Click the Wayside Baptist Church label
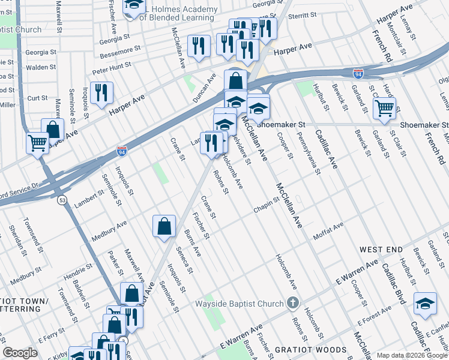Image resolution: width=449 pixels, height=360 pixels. tap(239, 304)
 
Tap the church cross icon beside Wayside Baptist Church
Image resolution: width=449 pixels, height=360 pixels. tap(292, 303)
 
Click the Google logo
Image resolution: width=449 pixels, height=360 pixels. tap(20, 353)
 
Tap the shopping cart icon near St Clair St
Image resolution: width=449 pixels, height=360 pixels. tap(384, 109)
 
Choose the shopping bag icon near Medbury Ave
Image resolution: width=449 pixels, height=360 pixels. tap(164, 227)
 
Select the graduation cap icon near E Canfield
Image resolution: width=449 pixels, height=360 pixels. tap(425, 304)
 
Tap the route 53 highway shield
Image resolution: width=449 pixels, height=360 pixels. tap(62, 200)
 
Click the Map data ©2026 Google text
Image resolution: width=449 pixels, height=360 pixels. tap(412, 355)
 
